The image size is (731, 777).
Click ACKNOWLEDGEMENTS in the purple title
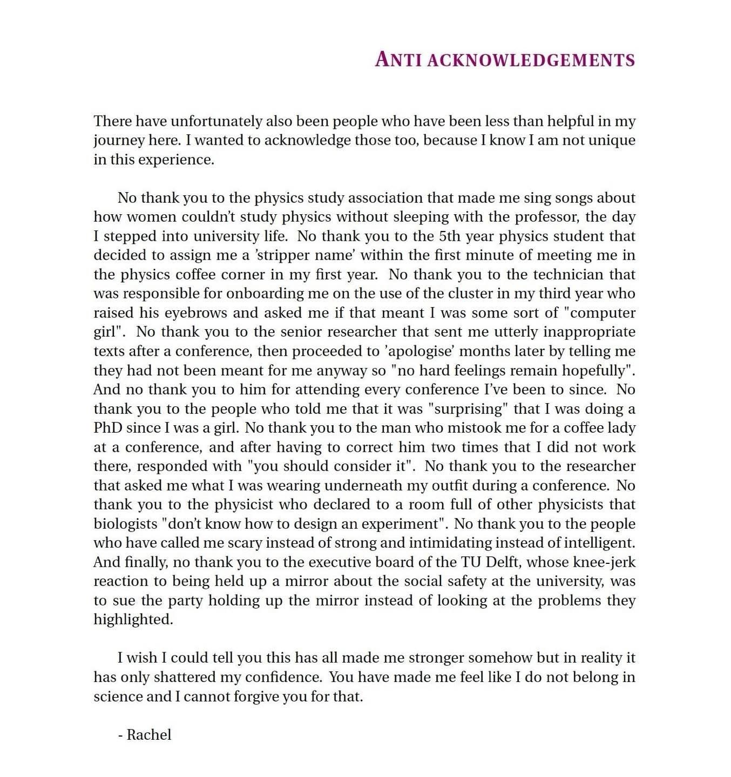(x=531, y=59)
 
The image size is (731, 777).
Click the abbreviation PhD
(x=107, y=427)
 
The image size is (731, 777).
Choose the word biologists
(x=125, y=523)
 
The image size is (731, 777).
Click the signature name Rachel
(x=149, y=734)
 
